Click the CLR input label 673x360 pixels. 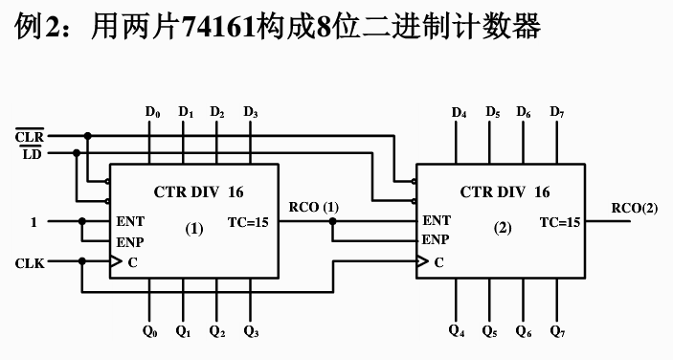[x=30, y=137]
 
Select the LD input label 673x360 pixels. [x=32, y=154]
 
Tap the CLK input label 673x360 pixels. [x=30, y=261]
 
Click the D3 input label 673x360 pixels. [x=251, y=112]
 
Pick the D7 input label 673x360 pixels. [x=557, y=112]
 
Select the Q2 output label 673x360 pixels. [x=218, y=332]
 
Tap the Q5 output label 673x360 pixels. [x=490, y=332]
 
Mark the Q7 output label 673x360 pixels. [x=557, y=332]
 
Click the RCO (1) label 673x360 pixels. [x=313, y=207]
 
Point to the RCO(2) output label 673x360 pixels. [x=636, y=208]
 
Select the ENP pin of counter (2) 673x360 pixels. [x=436, y=239]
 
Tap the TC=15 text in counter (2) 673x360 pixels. [x=560, y=222]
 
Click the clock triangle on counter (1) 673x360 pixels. [x=115, y=260]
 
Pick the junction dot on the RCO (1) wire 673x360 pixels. [x=332, y=222]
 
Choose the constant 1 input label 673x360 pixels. [x=34, y=222]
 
